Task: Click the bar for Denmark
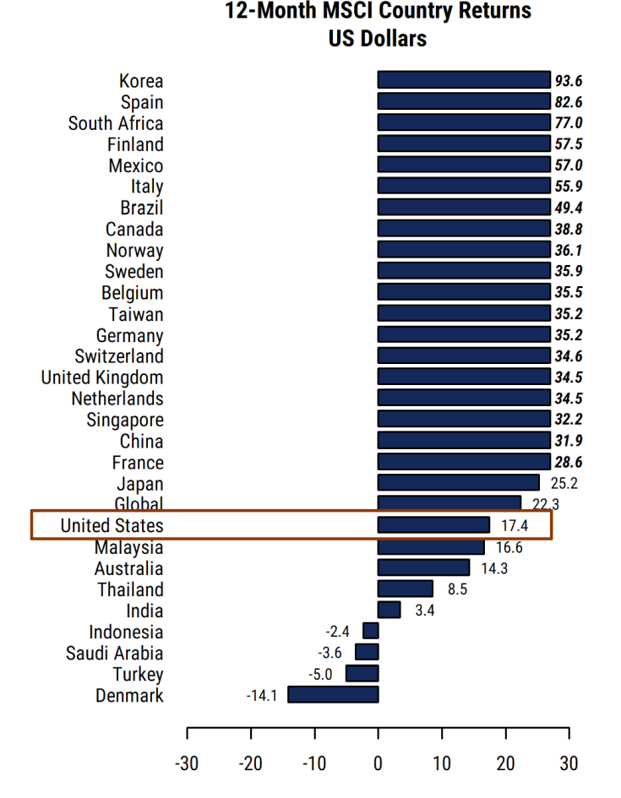tap(333, 695)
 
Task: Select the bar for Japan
tap(458, 483)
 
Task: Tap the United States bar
tap(433, 525)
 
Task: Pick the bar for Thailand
tap(405, 589)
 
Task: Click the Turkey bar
tap(362, 674)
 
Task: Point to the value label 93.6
tap(569, 81)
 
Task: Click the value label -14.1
tap(262, 696)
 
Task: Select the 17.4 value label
tap(515, 525)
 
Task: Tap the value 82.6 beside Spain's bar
tap(569, 102)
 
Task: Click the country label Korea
tap(141, 81)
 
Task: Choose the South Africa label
tap(116, 123)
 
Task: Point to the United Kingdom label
tap(102, 377)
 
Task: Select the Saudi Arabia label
tap(115, 653)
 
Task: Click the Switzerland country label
tap(119, 356)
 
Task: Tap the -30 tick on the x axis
tap(186, 764)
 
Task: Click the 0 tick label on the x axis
tap(378, 764)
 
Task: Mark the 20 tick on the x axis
tap(505, 764)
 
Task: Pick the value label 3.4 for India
tap(425, 611)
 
